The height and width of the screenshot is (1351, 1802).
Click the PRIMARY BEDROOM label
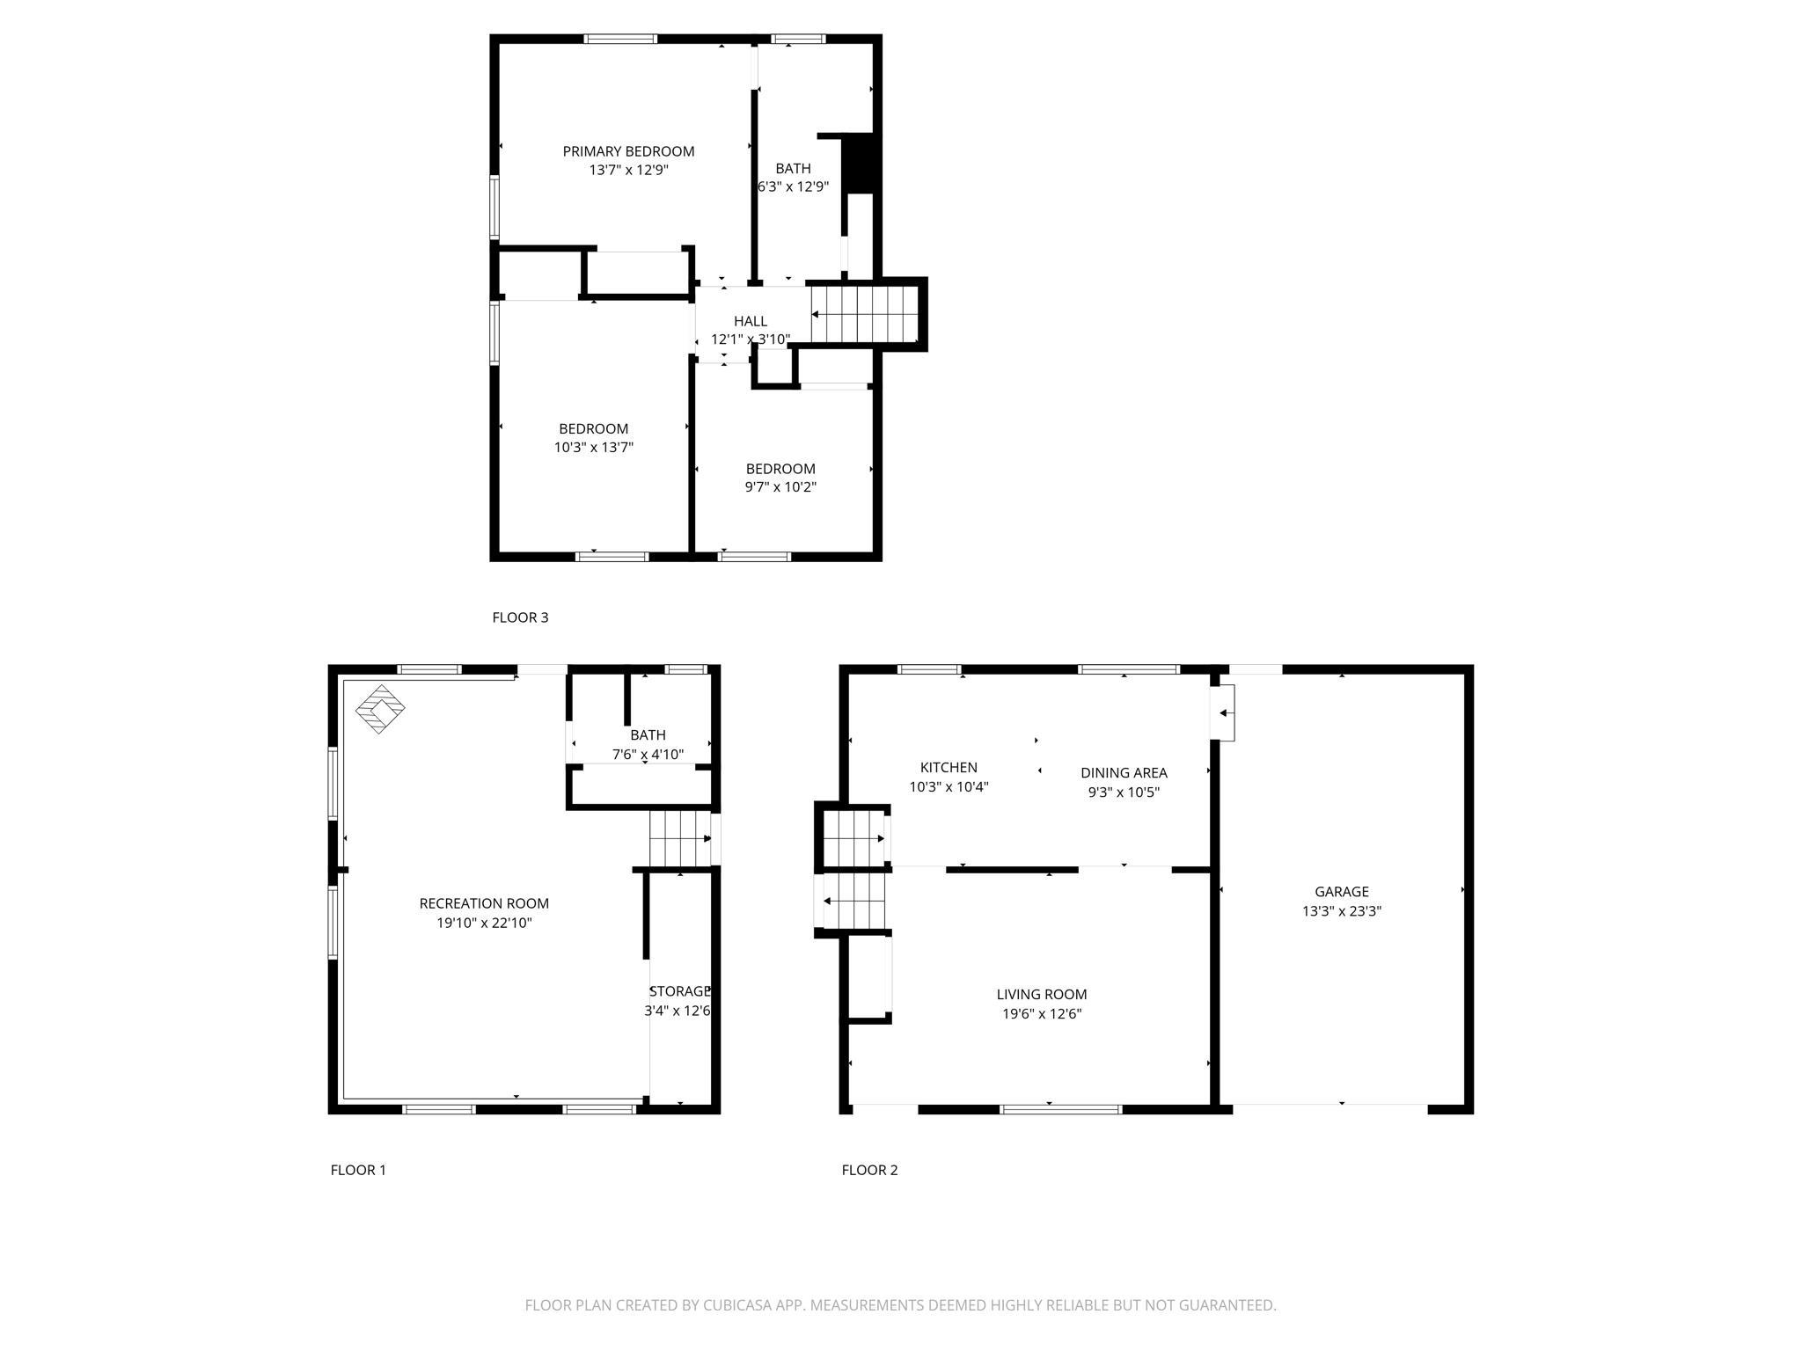point(628,151)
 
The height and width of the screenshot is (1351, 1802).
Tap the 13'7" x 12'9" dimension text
point(628,170)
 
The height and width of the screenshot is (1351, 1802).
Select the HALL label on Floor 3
point(751,321)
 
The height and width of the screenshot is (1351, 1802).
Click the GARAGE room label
point(1342,892)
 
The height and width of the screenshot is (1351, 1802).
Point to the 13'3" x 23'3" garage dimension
point(1342,911)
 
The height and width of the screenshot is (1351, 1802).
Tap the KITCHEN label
point(949,768)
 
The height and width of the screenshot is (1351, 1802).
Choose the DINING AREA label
point(1124,773)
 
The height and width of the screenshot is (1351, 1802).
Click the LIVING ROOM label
point(1042,995)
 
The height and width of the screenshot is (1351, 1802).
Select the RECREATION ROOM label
point(484,903)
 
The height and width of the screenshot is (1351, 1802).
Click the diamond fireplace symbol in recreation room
point(380,709)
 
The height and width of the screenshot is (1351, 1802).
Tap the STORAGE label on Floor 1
point(679,991)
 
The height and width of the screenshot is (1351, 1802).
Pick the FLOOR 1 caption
point(358,1170)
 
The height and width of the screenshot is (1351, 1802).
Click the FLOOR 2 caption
point(869,1170)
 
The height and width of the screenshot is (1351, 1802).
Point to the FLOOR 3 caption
point(520,617)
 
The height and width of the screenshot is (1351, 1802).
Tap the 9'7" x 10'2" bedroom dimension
point(780,487)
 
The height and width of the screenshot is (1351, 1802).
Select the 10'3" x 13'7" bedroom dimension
point(594,447)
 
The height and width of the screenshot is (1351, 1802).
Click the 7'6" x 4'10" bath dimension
point(648,755)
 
